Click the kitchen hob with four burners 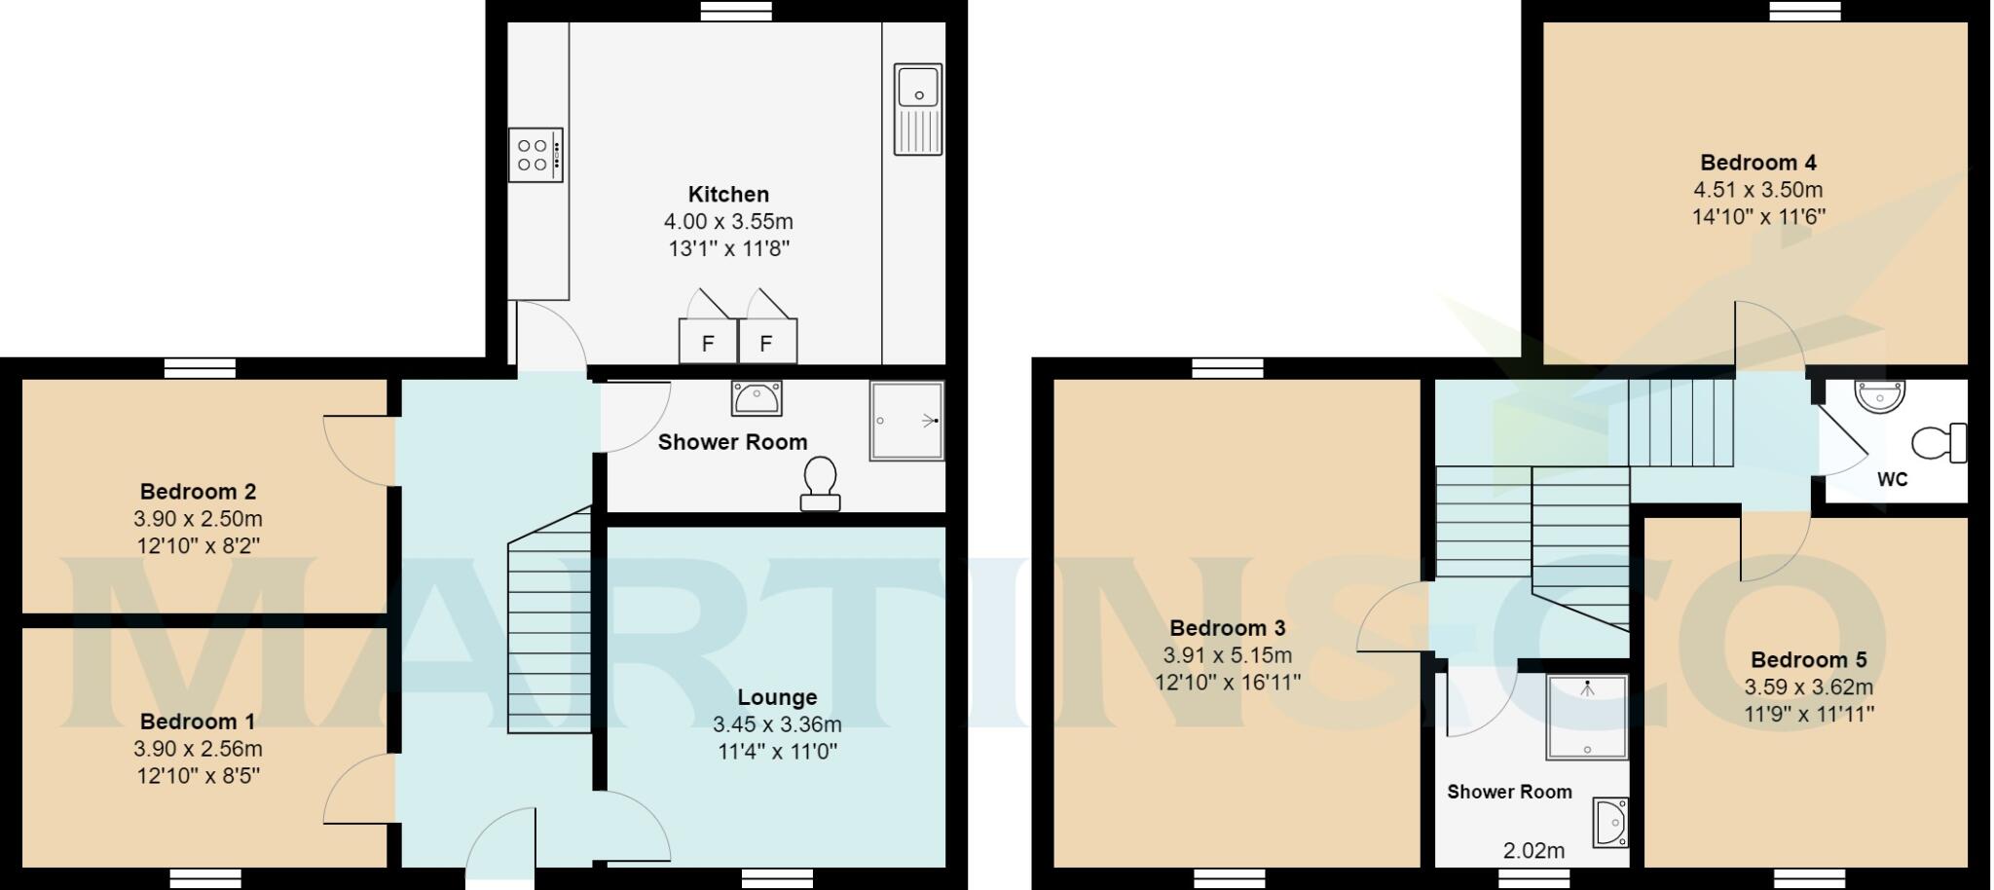tap(535, 155)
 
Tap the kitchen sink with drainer tap(918, 109)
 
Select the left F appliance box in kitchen tap(708, 342)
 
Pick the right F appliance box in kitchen tap(767, 342)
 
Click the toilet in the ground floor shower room tap(820, 483)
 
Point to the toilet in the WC tap(1939, 443)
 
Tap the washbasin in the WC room tap(1879, 395)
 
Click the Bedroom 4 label tap(1758, 163)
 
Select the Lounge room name tap(777, 697)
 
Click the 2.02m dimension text tap(1533, 851)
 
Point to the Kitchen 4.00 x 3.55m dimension tap(728, 222)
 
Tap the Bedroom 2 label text tap(198, 492)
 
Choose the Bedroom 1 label tap(198, 722)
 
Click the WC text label tap(1892, 479)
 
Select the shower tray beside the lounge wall tap(906, 421)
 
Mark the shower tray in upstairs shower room tap(1587, 717)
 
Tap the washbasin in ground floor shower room tap(757, 397)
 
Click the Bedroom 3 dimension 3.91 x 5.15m tap(1227, 655)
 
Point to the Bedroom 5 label tap(1808, 660)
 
